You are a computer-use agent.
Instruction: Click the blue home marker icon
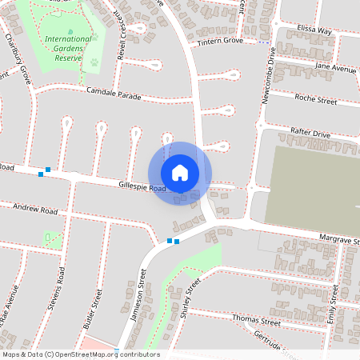[x=180, y=173]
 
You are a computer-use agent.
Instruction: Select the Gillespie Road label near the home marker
[x=142, y=186]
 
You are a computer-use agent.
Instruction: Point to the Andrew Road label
[x=36, y=210]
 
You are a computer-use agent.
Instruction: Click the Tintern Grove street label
[x=221, y=40]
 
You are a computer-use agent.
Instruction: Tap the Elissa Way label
[x=314, y=30]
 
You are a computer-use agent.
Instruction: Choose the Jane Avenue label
[x=336, y=69]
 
